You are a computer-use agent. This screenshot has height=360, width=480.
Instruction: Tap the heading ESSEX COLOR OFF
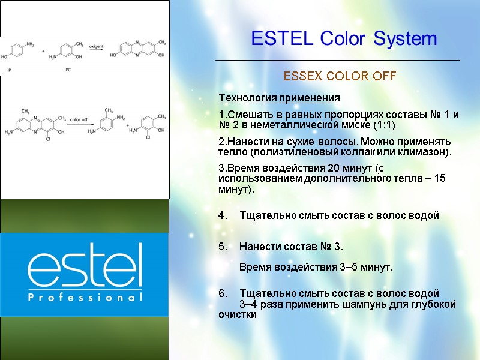click(x=340, y=77)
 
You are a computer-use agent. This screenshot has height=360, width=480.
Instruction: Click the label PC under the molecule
click(x=68, y=70)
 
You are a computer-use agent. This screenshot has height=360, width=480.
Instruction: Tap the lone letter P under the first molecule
click(x=10, y=70)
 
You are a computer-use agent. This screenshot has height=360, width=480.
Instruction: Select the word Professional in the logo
click(x=85, y=297)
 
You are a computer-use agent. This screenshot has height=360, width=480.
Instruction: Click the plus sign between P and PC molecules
click(x=43, y=52)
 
